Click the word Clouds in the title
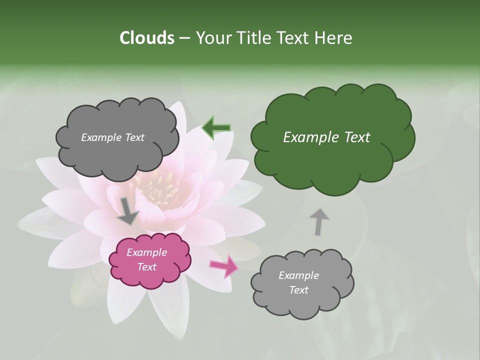pos(146,38)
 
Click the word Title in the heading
pos(252,38)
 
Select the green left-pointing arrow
pos(216,128)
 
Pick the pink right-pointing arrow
pos(223,265)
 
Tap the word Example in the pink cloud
pos(146,252)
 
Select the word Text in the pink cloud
pos(146,267)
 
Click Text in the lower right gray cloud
pos(298,290)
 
